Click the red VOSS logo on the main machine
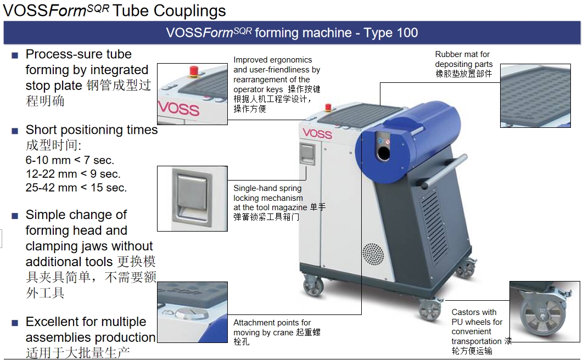[317, 133]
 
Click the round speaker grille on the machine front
[373, 255]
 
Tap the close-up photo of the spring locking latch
[192, 199]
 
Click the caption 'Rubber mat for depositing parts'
[464, 64]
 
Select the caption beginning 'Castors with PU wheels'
[478, 331]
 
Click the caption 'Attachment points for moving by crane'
[276, 331]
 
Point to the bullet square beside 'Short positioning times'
[15, 131]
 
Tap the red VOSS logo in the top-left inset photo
[179, 106]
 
